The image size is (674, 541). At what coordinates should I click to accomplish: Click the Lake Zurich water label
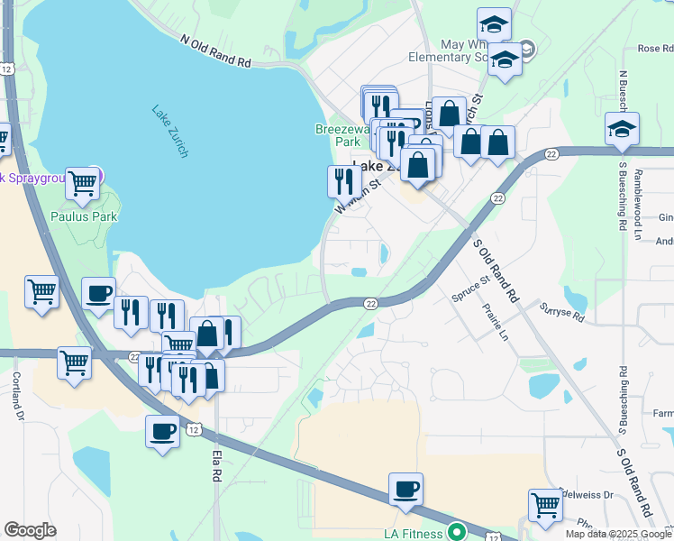click(x=169, y=132)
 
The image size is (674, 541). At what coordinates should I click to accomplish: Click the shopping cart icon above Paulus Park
click(x=83, y=183)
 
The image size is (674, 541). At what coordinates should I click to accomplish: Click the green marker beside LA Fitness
click(x=457, y=532)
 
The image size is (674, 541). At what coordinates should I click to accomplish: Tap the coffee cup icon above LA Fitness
click(x=406, y=490)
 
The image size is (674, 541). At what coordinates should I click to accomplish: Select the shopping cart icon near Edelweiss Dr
click(x=545, y=507)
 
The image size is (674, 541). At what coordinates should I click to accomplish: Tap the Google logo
click(x=30, y=530)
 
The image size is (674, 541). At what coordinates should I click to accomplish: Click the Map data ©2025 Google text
click(x=618, y=534)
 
